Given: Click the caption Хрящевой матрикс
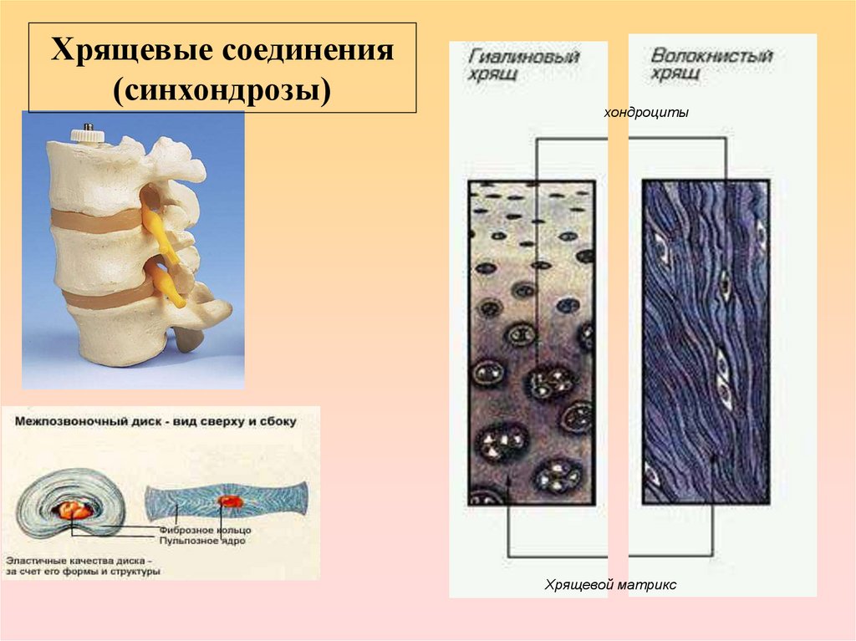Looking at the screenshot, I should (x=610, y=586).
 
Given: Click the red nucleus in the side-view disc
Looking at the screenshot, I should (x=229, y=501).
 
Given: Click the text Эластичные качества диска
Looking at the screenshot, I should (x=79, y=559).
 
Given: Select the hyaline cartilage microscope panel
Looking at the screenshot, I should (x=531, y=343).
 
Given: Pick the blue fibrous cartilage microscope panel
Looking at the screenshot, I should (x=706, y=343).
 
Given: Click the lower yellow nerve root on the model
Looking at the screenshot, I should (x=171, y=280).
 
